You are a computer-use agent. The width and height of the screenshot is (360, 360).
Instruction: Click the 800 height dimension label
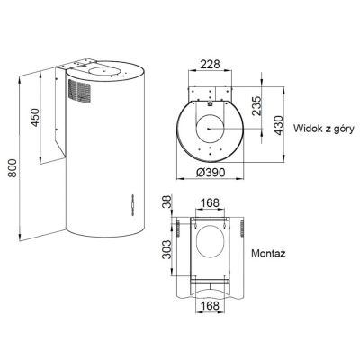point(13,168)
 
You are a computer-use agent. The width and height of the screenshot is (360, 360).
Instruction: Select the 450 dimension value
point(35,117)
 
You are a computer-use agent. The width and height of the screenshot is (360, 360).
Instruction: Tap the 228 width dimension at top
point(210,64)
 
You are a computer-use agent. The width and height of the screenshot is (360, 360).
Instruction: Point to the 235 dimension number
point(256,106)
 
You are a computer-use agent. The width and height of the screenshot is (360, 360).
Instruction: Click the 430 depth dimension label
point(279,125)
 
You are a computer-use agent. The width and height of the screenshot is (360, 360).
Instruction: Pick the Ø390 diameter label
point(211,173)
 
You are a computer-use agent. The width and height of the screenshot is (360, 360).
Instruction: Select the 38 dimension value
point(167,202)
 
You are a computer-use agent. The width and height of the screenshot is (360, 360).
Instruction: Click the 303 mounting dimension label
point(166,249)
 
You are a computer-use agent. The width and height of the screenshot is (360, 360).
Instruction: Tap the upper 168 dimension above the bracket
point(210,203)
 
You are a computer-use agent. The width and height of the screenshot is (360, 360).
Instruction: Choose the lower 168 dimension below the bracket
point(210,306)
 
